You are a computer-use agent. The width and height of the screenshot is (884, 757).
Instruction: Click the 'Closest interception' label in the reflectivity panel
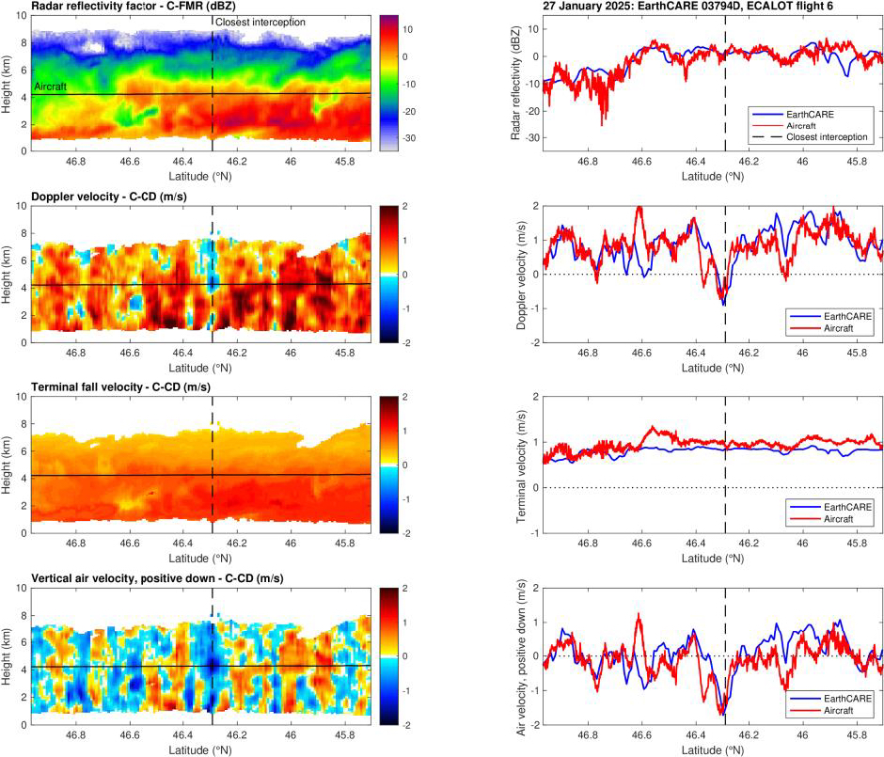click(x=259, y=23)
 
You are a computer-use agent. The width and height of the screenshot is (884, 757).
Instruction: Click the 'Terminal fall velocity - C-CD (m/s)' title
click(x=131, y=389)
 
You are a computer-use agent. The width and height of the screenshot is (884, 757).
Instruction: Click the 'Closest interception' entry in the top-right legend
click(x=827, y=137)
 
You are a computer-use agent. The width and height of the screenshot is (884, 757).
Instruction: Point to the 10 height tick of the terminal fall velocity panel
click(x=23, y=397)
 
